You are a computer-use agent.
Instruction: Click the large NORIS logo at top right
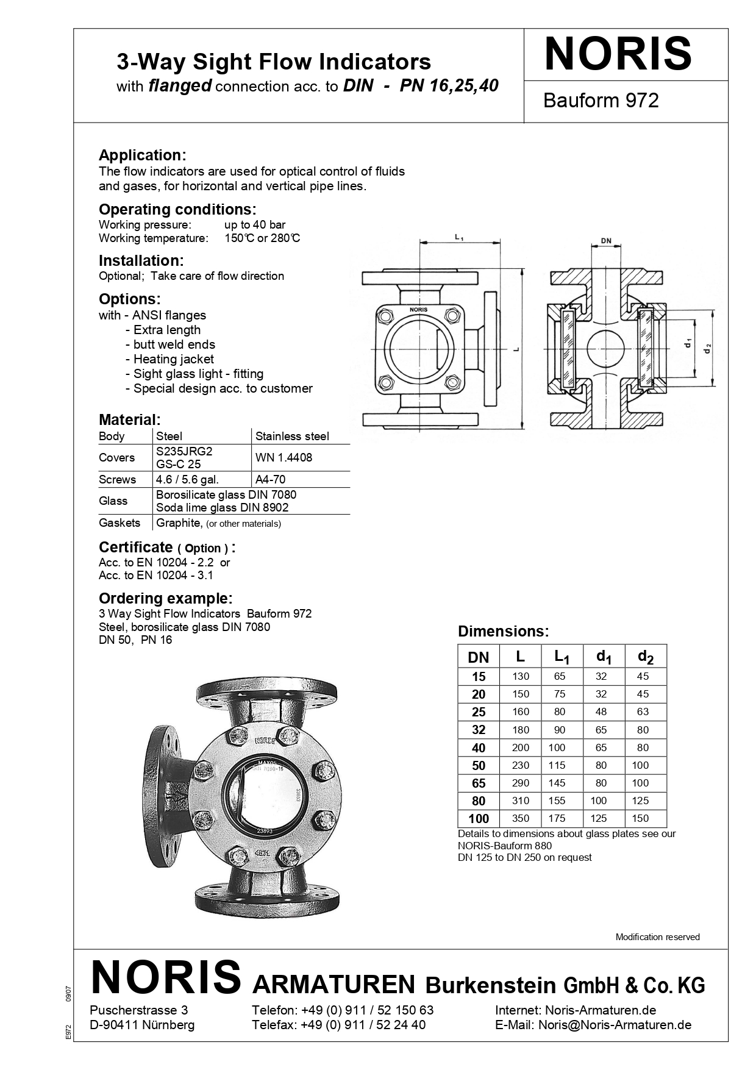coord(618,54)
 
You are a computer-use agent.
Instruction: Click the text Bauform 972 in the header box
coord(601,100)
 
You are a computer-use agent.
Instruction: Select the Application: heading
coord(142,155)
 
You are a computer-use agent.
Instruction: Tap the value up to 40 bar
coord(254,224)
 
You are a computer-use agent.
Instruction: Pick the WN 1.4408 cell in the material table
coord(283,457)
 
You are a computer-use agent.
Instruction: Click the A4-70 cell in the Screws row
coord(270,479)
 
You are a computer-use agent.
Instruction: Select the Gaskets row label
coord(119,523)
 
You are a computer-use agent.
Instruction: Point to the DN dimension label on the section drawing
coord(605,241)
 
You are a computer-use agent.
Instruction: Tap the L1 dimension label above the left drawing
coord(459,237)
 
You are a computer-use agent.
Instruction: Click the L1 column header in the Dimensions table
coord(562,657)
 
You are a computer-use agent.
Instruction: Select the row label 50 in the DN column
coord(479,765)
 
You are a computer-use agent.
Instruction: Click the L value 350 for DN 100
coord(521,818)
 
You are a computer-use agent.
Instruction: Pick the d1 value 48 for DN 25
coord(601,712)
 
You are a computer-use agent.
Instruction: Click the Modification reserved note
coord(657,936)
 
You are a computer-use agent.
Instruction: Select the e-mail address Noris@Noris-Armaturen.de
coord(615,1024)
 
